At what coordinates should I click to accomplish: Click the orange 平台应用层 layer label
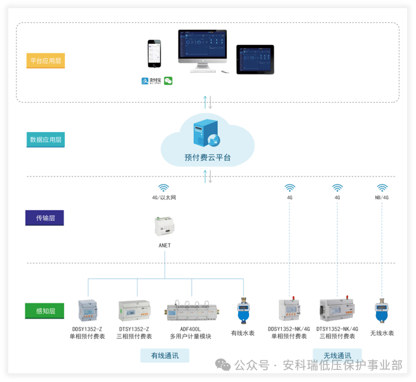click(x=46, y=61)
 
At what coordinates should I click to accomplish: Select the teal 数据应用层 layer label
click(x=46, y=140)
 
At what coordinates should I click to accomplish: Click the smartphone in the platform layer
click(x=154, y=54)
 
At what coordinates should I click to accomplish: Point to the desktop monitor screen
click(x=202, y=46)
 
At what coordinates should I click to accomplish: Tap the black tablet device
click(x=255, y=59)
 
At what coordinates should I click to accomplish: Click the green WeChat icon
click(x=168, y=81)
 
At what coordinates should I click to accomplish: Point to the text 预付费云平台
click(x=207, y=157)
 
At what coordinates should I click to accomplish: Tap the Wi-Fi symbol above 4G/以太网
click(x=164, y=188)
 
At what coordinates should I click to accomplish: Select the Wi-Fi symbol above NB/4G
click(x=382, y=188)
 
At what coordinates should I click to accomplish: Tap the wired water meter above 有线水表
click(x=243, y=311)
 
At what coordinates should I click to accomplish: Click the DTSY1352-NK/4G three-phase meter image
click(x=337, y=309)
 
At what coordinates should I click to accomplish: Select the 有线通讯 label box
click(x=164, y=355)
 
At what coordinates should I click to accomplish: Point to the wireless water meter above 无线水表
click(x=381, y=311)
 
